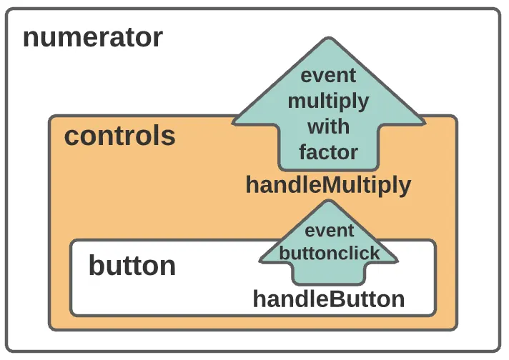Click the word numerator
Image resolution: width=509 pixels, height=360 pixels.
pos(93,38)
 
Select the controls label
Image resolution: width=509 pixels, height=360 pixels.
pos(120,136)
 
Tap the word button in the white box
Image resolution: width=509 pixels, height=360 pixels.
pos(132,265)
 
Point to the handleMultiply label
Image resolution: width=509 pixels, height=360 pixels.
pos(328,186)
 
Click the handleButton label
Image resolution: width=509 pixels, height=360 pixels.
pos(329,299)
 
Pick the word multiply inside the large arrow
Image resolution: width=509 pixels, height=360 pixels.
pos(328,102)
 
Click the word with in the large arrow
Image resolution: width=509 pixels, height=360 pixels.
pos(328,126)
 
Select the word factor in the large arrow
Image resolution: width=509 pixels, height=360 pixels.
pos(328,151)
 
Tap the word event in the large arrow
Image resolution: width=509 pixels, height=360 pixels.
pos(328,76)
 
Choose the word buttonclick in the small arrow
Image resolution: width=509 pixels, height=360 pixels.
pos(329,253)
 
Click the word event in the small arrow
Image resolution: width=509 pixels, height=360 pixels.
pos(329,231)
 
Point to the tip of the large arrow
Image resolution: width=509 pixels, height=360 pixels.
pos(329,38)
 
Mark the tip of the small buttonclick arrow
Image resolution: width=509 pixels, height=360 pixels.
pos(329,201)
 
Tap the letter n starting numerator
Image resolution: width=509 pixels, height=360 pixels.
pos(30,39)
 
